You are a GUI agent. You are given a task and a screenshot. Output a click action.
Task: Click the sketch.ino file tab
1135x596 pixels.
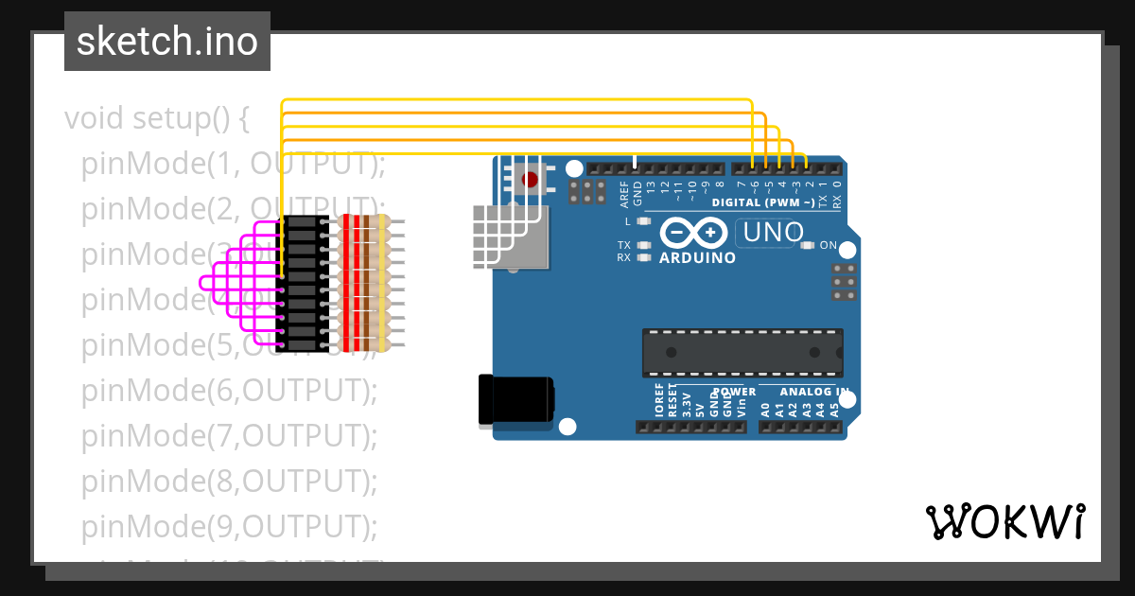(167, 42)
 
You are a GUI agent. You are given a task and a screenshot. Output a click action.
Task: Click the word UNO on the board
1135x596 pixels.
(773, 232)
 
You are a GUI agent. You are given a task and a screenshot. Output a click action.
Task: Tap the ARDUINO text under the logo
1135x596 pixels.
(698, 257)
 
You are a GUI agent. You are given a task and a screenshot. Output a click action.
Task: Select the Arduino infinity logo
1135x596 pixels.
(693, 233)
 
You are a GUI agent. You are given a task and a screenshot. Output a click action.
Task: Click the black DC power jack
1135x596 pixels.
(515, 399)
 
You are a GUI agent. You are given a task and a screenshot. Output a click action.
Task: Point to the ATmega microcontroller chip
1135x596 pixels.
(742, 352)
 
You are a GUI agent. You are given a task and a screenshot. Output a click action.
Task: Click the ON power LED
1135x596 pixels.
(807, 245)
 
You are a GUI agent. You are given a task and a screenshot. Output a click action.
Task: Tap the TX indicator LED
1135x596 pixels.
(645, 245)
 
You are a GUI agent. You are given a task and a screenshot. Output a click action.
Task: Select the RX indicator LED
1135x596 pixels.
(645, 257)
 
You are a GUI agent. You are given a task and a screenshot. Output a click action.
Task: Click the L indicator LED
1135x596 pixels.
(645, 221)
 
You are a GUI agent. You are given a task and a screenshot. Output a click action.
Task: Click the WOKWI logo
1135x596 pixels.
(1004, 521)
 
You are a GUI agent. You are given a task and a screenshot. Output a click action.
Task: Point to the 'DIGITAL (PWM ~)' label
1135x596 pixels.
(762, 203)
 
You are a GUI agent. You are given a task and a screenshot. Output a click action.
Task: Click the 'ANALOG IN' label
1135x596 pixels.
(814, 391)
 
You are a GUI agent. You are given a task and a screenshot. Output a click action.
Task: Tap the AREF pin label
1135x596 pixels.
(624, 195)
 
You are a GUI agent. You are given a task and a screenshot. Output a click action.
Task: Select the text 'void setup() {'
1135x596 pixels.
(157, 119)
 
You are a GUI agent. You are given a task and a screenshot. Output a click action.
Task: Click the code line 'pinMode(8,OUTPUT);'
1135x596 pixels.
(230, 481)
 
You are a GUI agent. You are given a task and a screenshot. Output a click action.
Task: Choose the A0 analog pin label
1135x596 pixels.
(765, 411)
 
